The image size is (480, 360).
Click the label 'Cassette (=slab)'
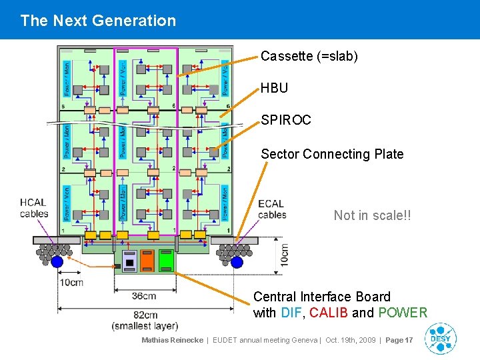coord(309,57)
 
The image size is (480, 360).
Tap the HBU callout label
coord(274,88)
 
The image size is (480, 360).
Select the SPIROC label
coord(285,121)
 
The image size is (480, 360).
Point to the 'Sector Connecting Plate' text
coord(332,154)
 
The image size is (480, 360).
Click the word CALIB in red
coord(329,313)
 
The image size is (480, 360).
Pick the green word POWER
coord(403,313)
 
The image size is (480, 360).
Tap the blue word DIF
coord(291,313)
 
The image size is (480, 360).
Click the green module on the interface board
coord(166,259)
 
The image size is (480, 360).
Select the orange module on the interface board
coord(147,259)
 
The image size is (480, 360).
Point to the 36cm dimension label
coord(143,296)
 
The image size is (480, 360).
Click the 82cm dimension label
coord(144,315)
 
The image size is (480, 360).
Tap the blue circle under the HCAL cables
coord(57,262)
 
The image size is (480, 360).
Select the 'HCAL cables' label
coord(34,209)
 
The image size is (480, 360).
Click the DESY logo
coord(440,338)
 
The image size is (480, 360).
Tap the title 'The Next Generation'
coord(98,21)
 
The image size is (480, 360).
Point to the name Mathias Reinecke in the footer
coord(172,340)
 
